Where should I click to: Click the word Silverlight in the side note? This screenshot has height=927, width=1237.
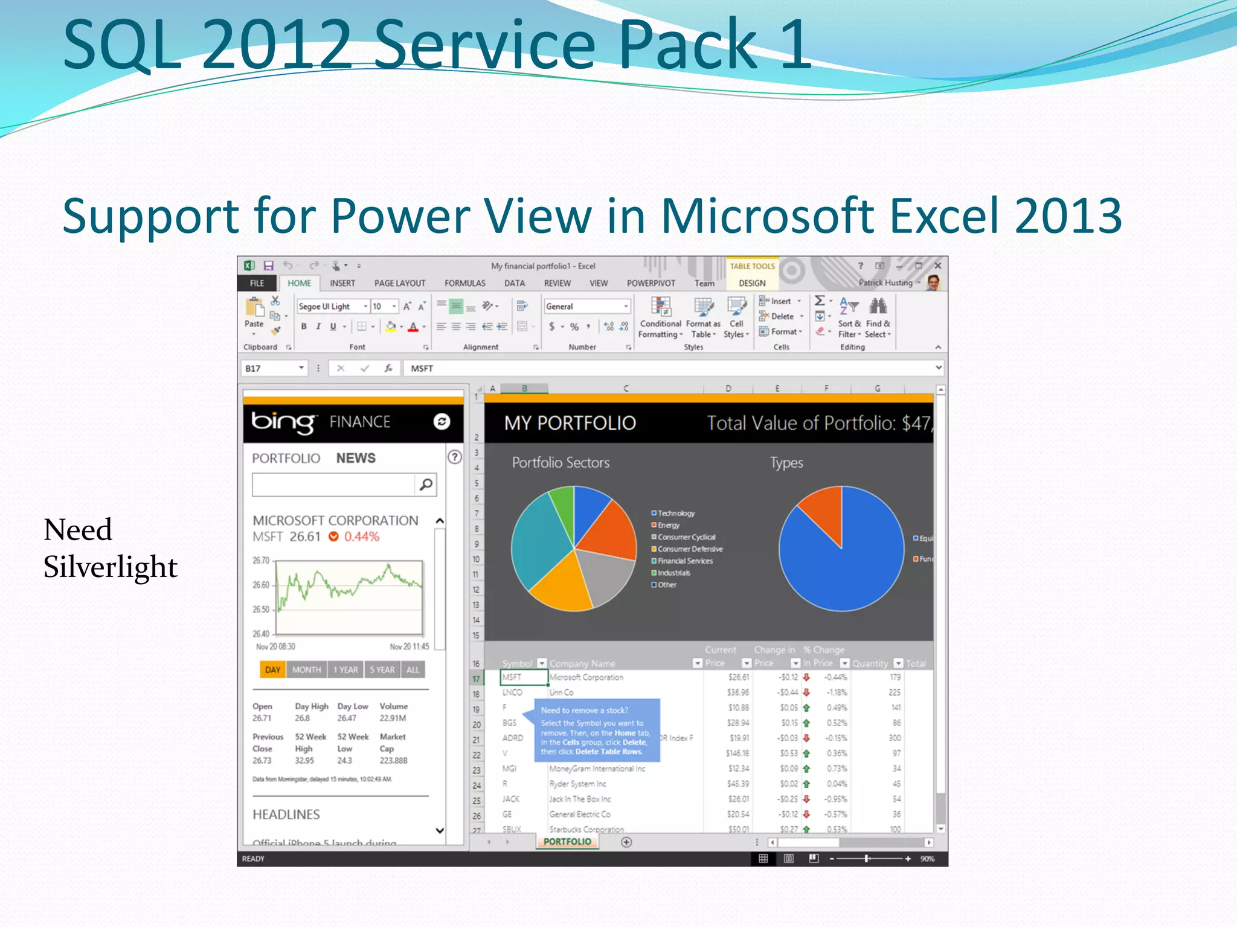(x=110, y=567)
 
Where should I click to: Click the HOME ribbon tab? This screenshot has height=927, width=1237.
(x=299, y=283)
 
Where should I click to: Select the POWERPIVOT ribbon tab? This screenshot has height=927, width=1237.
(x=651, y=283)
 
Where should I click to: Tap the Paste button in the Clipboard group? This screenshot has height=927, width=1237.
(x=254, y=314)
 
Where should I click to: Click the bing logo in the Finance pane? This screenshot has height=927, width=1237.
(x=283, y=421)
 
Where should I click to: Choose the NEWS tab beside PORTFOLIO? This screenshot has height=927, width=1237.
(x=356, y=458)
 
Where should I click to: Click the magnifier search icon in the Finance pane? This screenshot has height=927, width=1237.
(x=426, y=484)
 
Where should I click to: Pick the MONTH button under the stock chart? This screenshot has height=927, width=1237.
(x=306, y=669)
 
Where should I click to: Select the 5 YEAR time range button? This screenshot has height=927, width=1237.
(x=382, y=669)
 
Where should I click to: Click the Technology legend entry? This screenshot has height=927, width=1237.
(x=675, y=513)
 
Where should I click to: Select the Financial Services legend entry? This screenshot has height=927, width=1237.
(x=684, y=561)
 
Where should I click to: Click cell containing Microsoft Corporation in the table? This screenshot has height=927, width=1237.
(x=586, y=677)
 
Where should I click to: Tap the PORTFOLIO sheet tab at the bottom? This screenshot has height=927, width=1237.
(x=567, y=841)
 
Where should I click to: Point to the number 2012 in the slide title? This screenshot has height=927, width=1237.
(x=277, y=45)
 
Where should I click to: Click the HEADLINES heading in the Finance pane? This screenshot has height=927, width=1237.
(x=286, y=814)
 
